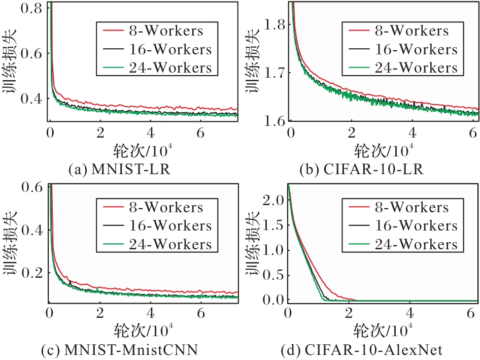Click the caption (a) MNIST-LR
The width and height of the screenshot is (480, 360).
click(119, 169)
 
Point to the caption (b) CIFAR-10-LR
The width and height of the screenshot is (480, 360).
click(365, 169)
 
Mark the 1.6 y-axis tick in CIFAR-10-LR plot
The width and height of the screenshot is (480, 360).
click(276, 120)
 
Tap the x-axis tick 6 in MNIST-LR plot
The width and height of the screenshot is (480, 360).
click(201, 134)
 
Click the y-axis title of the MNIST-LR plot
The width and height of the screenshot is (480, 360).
click(11, 62)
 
